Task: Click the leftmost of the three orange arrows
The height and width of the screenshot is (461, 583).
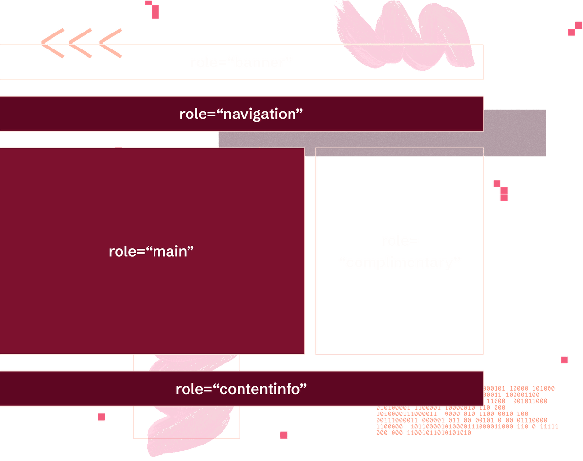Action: coord(52,43)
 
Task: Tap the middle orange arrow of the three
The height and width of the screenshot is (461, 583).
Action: coord(81,43)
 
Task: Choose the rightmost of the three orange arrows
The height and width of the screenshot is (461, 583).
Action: coord(111,43)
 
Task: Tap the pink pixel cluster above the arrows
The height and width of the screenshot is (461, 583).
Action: coord(153,9)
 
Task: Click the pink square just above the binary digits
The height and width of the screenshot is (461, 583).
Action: coord(564,360)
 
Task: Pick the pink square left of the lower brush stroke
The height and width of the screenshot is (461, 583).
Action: coord(102,417)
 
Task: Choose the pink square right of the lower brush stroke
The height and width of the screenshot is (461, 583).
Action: coord(284,435)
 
